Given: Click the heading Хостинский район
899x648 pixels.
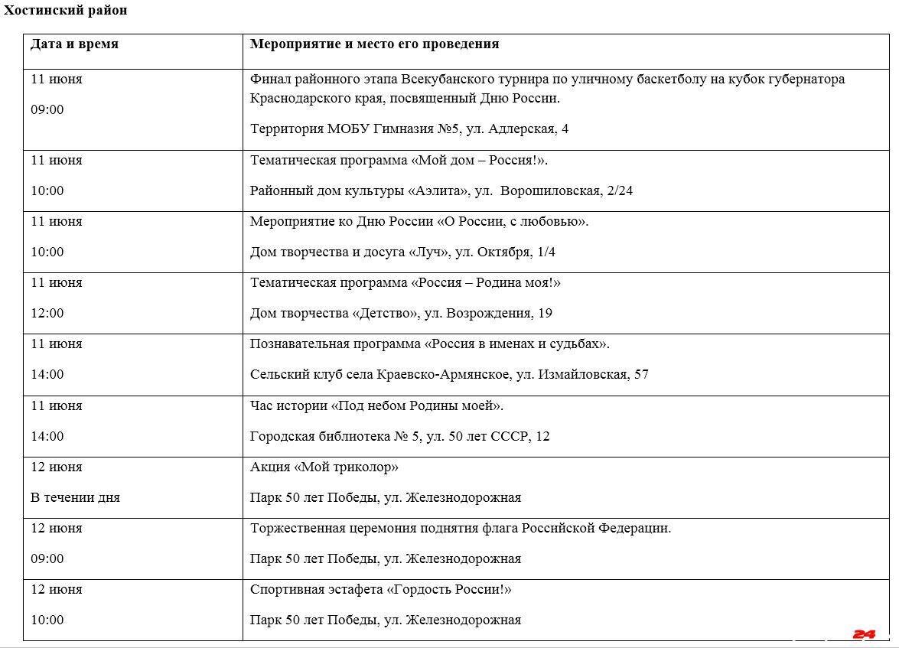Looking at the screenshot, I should coord(65,11).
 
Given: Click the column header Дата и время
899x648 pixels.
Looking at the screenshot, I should coord(74,44).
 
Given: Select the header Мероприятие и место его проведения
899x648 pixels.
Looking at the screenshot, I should coord(374,44).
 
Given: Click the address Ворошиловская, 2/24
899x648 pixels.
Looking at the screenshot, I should coord(566,190).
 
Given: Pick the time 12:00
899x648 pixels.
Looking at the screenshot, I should coord(47,313).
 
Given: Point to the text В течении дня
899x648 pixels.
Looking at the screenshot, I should coord(75,497).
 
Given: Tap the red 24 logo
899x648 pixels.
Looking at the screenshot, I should coord(864,634).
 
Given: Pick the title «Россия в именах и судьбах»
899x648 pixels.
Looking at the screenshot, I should coord(516,344).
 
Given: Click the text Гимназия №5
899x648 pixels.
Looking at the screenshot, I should coord(415,129).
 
